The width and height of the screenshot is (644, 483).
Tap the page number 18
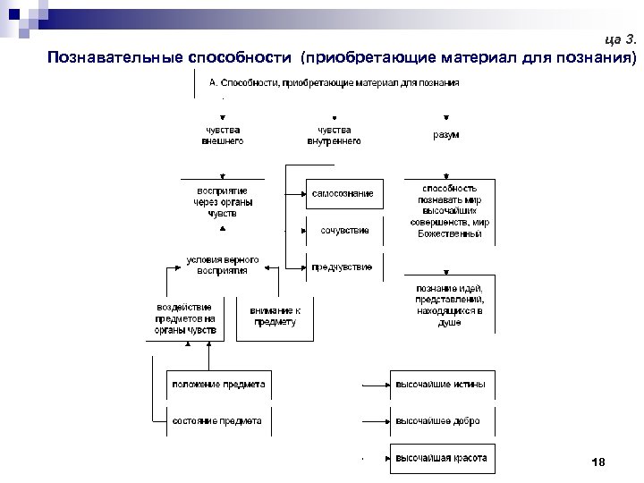tap(598, 462)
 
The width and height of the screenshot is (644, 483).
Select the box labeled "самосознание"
tap(343, 194)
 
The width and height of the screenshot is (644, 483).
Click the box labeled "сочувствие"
tap(344, 231)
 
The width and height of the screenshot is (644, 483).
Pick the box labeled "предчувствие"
tap(343, 267)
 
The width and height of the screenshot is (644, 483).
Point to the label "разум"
tap(446, 135)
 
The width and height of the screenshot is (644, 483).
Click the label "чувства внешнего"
tap(223, 135)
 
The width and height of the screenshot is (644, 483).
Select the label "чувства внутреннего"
tap(334, 135)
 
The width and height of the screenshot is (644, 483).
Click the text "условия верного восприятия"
tap(223, 266)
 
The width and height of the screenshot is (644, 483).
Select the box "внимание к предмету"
tap(275, 317)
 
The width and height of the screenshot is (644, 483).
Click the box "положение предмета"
tap(218, 385)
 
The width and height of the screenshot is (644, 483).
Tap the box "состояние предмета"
tap(217, 420)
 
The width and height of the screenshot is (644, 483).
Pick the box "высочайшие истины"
tap(441, 385)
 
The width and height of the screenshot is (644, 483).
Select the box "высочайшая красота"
tap(441, 458)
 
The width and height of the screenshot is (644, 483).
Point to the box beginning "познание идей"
tap(449, 305)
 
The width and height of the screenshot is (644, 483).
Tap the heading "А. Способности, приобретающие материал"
tap(334, 83)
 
